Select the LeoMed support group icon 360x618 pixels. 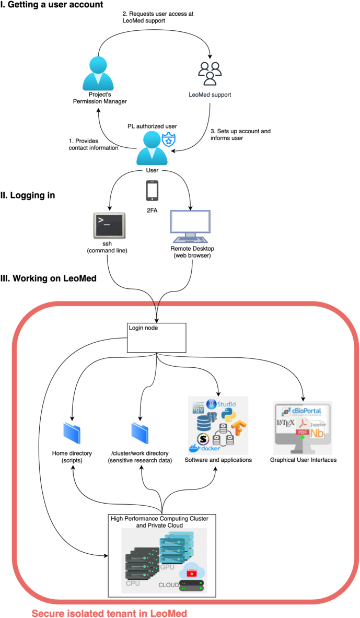(x=210, y=74)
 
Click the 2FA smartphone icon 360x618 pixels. (x=153, y=191)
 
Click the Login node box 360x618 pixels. (x=157, y=337)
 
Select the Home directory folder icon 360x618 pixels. (x=73, y=433)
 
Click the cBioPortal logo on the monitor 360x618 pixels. (x=301, y=410)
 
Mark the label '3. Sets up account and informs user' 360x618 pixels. (x=240, y=135)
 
